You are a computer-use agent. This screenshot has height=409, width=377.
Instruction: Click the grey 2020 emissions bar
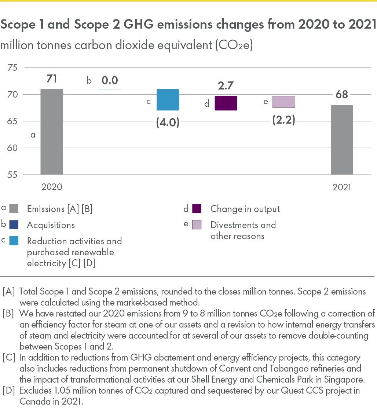(x=52, y=132)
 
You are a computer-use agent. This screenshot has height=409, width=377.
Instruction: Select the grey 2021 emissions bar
(x=342, y=140)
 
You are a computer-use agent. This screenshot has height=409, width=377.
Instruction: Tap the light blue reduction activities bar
(x=168, y=100)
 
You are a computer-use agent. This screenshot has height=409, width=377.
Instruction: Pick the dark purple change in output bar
(x=226, y=103)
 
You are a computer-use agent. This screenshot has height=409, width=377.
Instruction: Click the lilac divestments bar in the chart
(x=284, y=102)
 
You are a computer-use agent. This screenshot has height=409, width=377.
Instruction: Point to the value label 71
(x=52, y=79)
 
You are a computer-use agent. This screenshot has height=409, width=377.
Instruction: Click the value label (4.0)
(x=168, y=121)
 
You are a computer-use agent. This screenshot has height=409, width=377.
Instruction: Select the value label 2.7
(x=226, y=86)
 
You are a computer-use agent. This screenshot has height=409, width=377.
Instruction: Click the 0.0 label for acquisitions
(x=110, y=80)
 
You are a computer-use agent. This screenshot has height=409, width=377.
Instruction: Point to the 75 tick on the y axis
(x=12, y=68)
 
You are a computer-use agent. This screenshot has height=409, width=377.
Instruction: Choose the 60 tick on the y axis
(x=12, y=148)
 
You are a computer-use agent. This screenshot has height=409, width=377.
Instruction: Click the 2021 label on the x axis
(x=342, y=187)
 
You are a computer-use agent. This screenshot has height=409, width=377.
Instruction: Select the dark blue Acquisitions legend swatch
(x=14, y=225)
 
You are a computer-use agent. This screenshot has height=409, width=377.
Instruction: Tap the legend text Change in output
(x=245, y=209)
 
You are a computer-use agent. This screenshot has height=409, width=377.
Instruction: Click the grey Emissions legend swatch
(x=14, y=209)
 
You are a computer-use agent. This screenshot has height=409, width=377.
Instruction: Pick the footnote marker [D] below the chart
(x=9, y=391)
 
